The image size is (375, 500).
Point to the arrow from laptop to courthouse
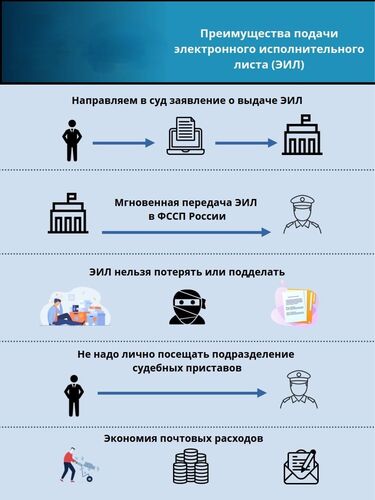click(x=244, y=143)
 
